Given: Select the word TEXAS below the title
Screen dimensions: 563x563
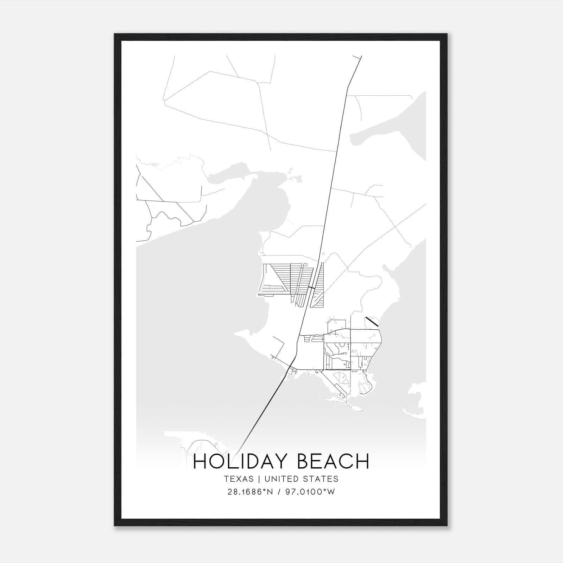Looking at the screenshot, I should click(239, 479).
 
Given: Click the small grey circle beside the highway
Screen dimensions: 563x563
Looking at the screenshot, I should click(323, 253).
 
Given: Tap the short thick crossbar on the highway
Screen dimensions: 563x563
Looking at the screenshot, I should click(311, 288).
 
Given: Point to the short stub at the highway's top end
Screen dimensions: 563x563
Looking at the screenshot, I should click(357, 57).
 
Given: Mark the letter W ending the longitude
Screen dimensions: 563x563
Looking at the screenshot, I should click(331, 492).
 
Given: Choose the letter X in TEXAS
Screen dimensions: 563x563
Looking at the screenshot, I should click(239, 479).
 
